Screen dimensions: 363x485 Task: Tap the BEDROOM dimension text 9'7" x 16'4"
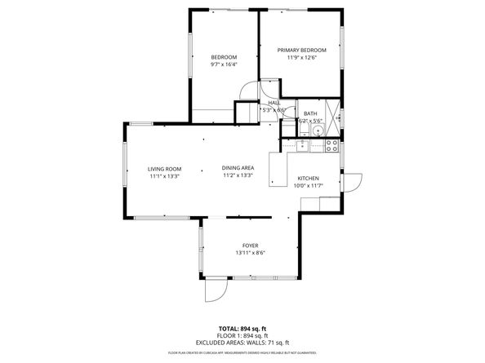point(224,64)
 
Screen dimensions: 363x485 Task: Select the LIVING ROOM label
point(164,168)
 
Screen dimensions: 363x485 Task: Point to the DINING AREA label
point(238,168)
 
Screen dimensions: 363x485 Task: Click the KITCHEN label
point(308,179)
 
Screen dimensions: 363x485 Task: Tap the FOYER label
point(250,246)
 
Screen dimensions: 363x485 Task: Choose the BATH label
point(310,113)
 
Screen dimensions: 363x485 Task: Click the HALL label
point(274,103)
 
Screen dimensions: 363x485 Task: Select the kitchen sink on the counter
point(302,145)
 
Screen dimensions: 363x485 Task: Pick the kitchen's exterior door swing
point(352,184)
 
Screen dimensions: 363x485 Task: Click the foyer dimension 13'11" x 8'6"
point(250,253)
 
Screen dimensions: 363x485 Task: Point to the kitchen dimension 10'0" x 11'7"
point(308,186)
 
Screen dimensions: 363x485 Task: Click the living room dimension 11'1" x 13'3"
point(164,175)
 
